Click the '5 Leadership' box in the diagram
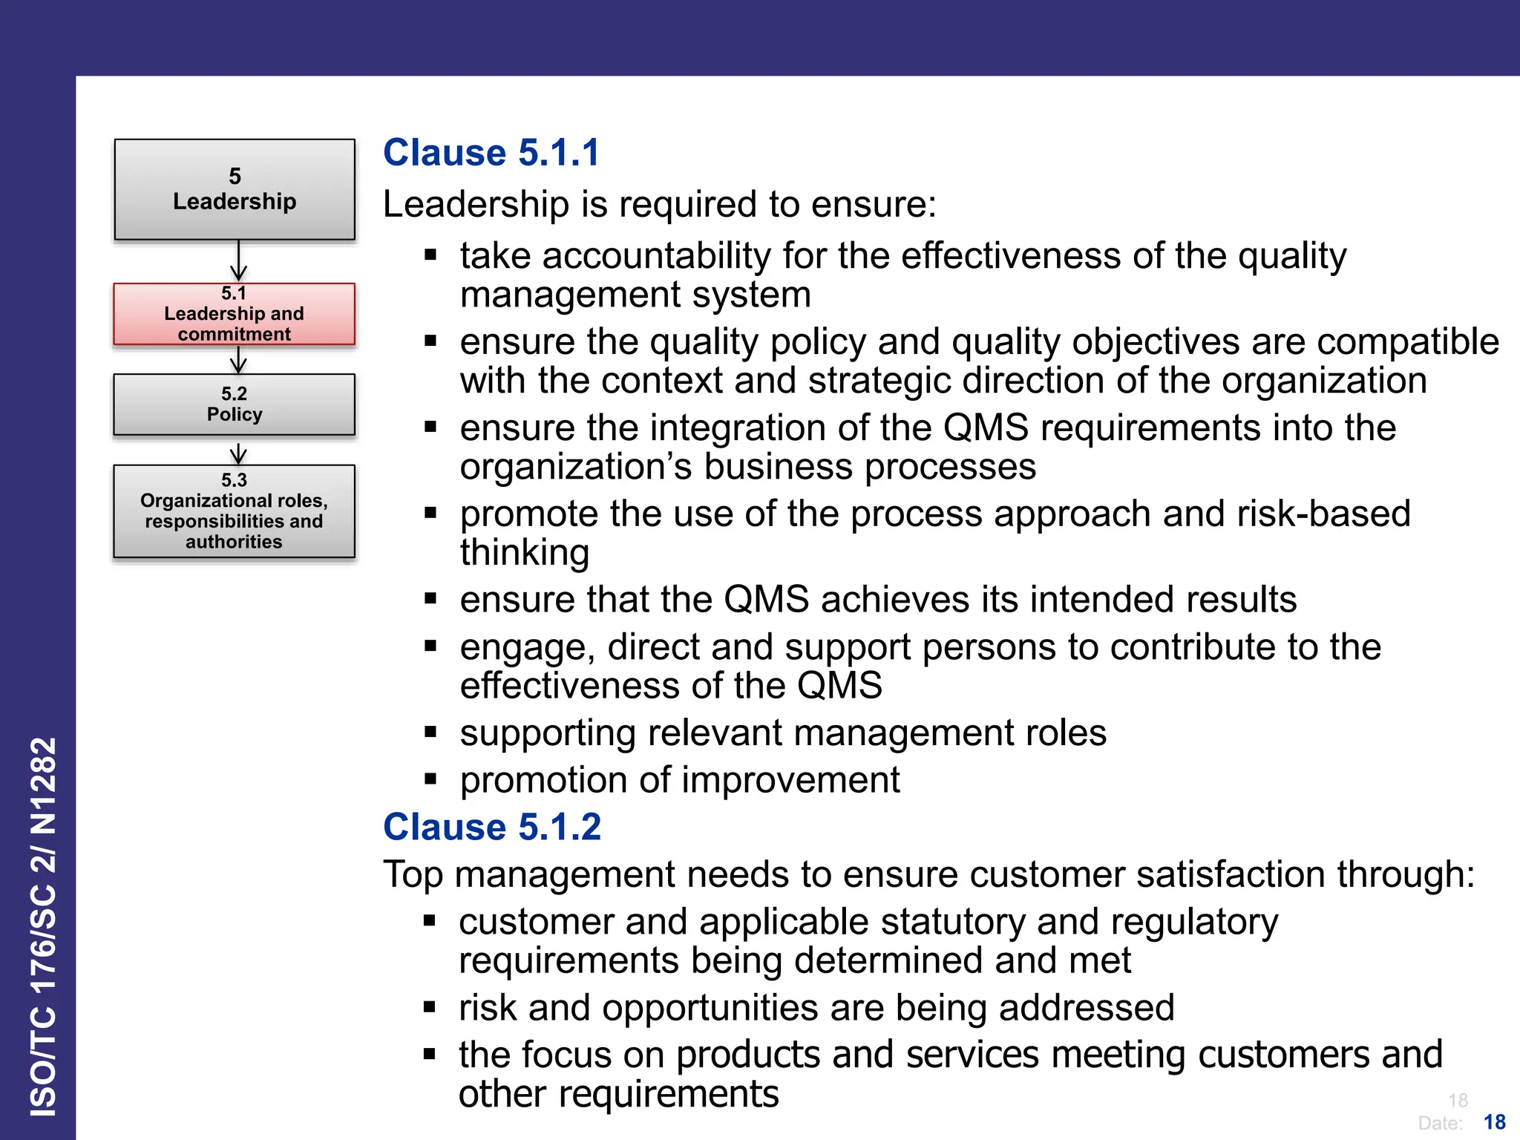point(235,189)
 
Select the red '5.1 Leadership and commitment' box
point(235,314)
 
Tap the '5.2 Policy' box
point(235,404)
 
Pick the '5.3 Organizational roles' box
point(235,511)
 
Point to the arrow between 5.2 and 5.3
point(238,452)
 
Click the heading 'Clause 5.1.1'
point(491,153)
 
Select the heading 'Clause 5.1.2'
point(491,827)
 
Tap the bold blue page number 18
point(1494,1121)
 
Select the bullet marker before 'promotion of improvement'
point(430,779)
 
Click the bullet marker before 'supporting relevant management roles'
point(430,732)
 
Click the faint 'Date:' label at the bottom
point(1440,1123)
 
